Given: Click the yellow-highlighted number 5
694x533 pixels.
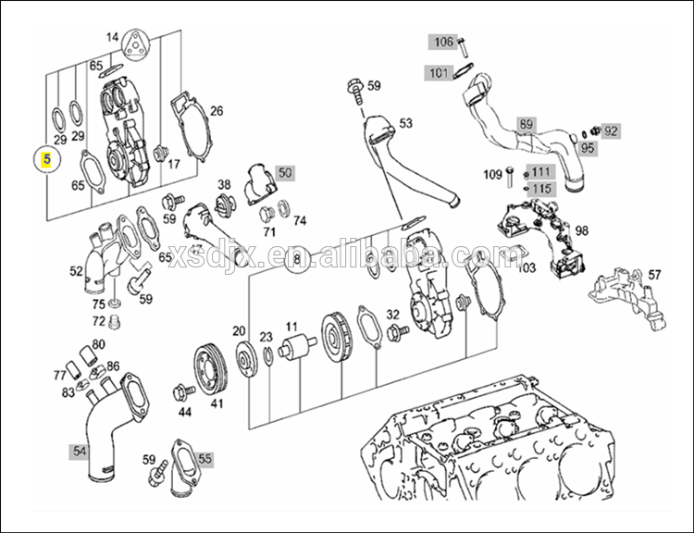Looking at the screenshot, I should click(x=45, y=158).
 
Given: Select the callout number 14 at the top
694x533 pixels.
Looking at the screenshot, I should click(x=113, y=37).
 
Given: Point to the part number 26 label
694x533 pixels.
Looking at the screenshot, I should click(x=217, y=112).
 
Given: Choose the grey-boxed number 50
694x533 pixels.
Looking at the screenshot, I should click(x=284, y=172).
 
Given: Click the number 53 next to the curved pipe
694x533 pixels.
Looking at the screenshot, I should click(x=405, y=123).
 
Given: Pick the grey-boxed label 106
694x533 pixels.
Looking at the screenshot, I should click(x=443, y=42).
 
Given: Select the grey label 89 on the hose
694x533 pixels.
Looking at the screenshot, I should click(x=526, y=123).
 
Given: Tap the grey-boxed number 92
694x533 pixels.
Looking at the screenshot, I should click(x=611, y=130).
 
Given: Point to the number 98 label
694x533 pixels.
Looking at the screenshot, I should click(x=607, y=229).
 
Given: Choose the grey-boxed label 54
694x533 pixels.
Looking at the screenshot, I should click(x=80, y=451).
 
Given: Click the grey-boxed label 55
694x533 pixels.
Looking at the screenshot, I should click(x=204, y=458).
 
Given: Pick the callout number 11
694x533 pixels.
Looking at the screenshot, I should click(x=291, y=327).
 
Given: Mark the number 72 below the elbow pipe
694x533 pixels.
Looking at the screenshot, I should click(x=99, y=320).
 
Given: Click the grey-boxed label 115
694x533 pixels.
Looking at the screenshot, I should click(x=541, y=188).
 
